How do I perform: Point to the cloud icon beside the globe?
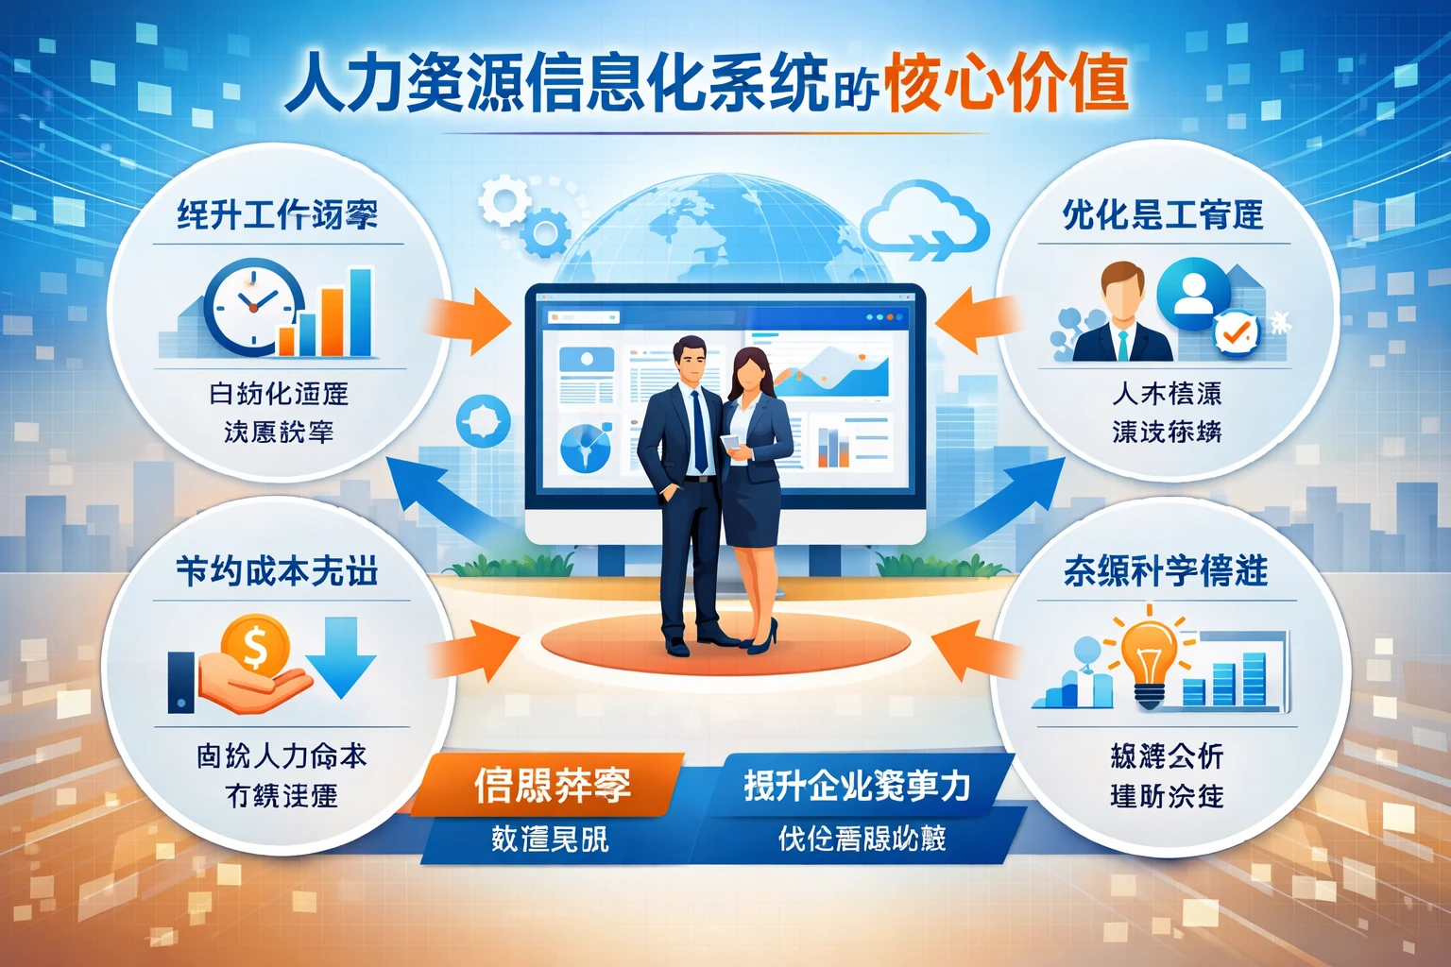(x=925, y=222)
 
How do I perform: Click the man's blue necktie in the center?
(x=699, y=430)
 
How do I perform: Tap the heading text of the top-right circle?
(x=1163, y=215)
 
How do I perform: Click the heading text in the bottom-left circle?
(x=278, y=571)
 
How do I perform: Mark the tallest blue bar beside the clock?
(x=361, y=312)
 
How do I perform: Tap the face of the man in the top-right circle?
(x=1122, y=294)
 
